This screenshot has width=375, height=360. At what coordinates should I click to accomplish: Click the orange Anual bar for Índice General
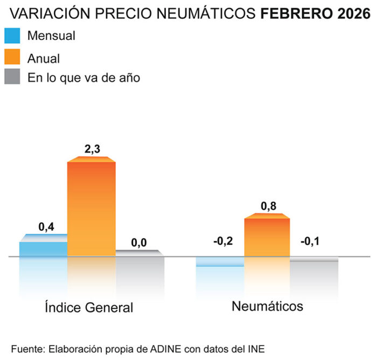pyautogui.click(x=91, y=207)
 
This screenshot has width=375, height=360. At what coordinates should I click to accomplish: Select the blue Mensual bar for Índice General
pyautogui.click(x=43, y=248)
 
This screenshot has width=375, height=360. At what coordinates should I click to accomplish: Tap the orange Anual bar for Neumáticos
pyautogui.click(x=267, y=237)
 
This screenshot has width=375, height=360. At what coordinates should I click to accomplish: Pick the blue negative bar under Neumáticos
pyautogui.click(x=220, y=262)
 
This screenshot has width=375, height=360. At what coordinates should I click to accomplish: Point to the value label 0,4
pyautogui.click(x=46, y=227)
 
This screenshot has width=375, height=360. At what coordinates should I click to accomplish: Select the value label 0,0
pyautogui.click(x=138, y=243)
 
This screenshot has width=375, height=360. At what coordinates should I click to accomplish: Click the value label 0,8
pyautogui.click(x=268, y=206)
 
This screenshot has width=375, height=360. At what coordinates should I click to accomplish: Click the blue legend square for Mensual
pyautogui.click(x=12, y=36)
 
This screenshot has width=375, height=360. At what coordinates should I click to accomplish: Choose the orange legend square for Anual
pyautogui.click(x=12, y=57)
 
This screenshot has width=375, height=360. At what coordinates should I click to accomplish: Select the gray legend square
pyautogui.click(x=12, y=77)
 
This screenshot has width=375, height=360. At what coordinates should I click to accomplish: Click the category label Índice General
pyautogui.click(x=88, y=308)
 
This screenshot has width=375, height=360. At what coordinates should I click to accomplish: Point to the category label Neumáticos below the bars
pyautogui.click(x=267, y=307)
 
